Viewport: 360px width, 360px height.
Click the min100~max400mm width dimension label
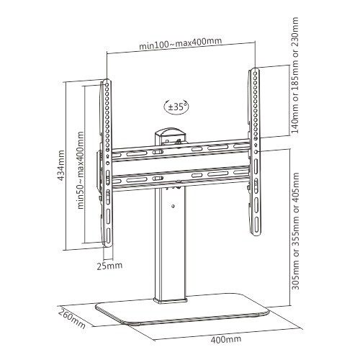(x=180, y=43)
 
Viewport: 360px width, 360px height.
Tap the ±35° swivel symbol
(x=176, y=107)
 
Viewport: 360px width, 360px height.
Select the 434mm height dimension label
(x=61, y=165)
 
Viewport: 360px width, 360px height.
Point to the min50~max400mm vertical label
(x=81, y=170)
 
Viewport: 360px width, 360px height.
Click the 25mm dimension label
(x=109, y=266)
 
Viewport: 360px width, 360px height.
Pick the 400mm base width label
(x=226, y=339)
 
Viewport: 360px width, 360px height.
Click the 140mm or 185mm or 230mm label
(x=294, y=75)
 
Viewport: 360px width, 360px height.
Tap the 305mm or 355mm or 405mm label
(x=295, y=231)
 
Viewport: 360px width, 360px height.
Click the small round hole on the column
(x=174, y=206)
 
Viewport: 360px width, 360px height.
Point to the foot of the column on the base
(x=170, y=300)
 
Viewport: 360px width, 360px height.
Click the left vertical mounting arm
(x=107, y=163)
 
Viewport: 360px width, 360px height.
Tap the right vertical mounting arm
(x=255, y=152)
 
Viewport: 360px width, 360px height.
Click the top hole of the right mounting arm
(x=256, y=73)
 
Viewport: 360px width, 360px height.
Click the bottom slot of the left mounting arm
(x=108, y=235)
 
